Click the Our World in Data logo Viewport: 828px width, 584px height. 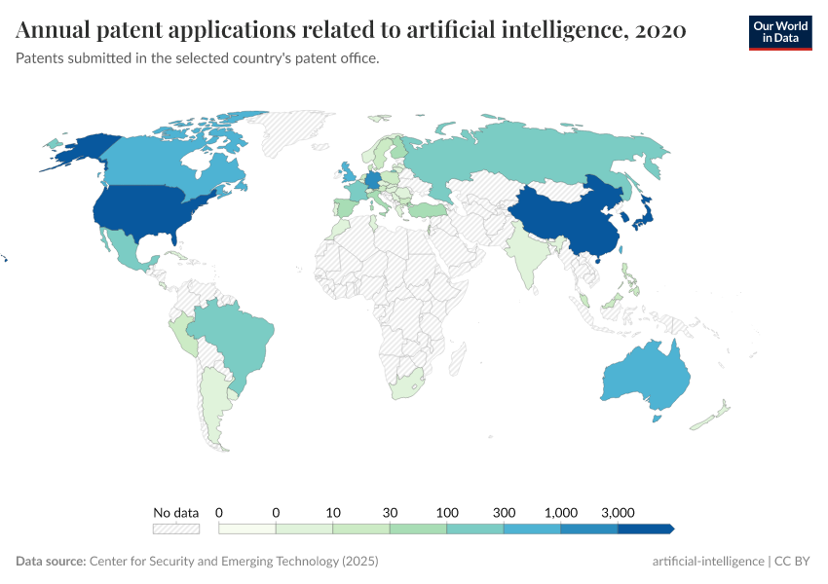(779, 32)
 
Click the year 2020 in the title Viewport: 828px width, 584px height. (659, 31)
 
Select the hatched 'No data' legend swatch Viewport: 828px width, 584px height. (175, 529)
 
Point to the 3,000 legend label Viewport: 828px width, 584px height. (618, 512)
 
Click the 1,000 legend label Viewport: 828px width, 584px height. (561, 512)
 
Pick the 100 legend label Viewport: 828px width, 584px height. (447, 512)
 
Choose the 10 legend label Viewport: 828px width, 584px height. (333, 512)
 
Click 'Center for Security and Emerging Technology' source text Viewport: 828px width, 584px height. (214, 562)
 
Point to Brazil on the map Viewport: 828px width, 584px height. (239, 336)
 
